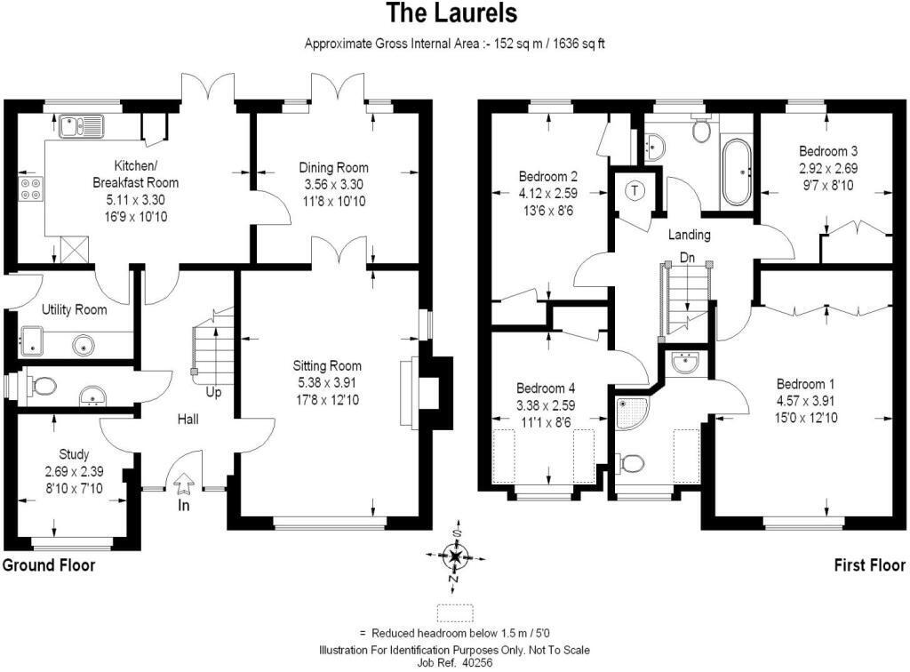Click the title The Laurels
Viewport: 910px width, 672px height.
[x=452, y=12]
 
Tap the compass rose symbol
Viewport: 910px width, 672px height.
[x=456, y=556]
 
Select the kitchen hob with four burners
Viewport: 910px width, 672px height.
[x=31, y=188]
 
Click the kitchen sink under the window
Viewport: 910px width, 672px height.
[x=82, y=126]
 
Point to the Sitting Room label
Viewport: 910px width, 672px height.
[x=327, y=365]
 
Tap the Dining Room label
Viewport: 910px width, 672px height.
[x=334, y=168]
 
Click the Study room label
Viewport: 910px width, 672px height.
[x=74, y=454]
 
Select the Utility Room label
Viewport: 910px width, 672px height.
[x=75, y=309]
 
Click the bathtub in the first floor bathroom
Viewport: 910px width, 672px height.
[x=736, y=172]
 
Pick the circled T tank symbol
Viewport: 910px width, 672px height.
[x=635, y=189]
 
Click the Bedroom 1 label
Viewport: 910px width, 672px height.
[x=805, y=384]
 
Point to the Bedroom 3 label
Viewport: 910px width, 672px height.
[x=828, y=151]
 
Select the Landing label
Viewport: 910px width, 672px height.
[x=689, y=235]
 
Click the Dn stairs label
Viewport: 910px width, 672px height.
[x=687, y=257]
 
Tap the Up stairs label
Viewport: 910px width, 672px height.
[x=213, y=393]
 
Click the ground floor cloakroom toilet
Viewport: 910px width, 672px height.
[x=41, y=385]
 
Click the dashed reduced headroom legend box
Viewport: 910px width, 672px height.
[x=455, y=613]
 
